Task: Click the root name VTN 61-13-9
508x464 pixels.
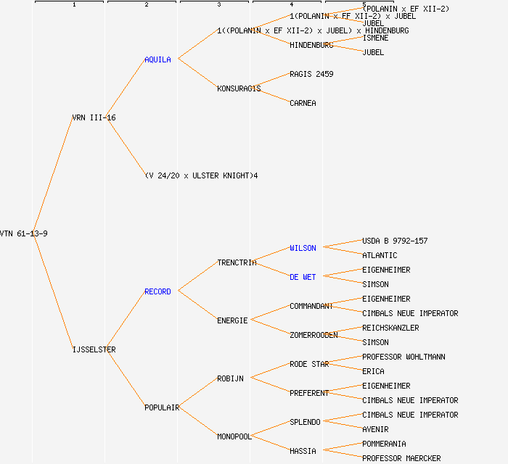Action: pos(24,233)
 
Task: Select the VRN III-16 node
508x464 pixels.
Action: pos(94,117)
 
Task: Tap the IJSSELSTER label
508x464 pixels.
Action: pos(94,349)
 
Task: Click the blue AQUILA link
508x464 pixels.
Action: pos(157,59)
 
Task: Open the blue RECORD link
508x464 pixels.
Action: pos(157,291)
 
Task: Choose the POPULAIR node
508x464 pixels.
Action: pos(162,407)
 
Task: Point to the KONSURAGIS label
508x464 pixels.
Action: pos(239,88)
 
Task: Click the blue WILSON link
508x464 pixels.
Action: pos(303,248)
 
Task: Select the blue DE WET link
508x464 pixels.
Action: pos(303,277)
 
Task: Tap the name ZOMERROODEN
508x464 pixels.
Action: pos(314,335)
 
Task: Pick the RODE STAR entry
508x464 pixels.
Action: pos(309,364)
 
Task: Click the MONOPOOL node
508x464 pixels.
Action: pos(234,436)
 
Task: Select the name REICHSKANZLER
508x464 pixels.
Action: pos(390,328)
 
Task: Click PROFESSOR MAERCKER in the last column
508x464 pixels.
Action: pos(401,458)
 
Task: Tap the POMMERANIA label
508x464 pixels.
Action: pos(384,444)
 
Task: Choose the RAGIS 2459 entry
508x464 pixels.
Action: pos(311,74)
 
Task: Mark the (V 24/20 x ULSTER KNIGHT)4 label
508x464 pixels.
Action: pos(201,175)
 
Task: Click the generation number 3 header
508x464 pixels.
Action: pos(218,5)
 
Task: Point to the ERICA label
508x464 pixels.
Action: pos(373,371)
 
